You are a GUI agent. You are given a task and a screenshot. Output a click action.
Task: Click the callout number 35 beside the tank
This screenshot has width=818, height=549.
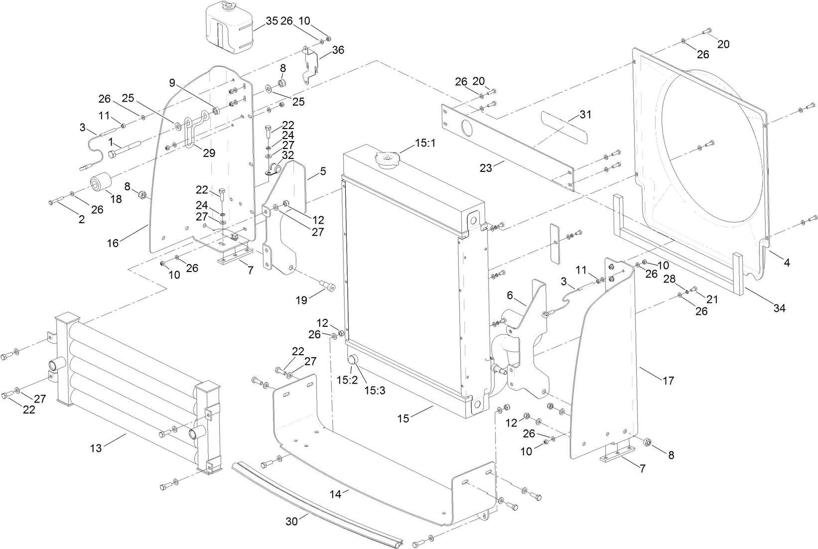click(x=272, y=21)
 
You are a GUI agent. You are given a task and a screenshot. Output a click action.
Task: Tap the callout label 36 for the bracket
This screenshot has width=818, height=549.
click(x=338, y=50)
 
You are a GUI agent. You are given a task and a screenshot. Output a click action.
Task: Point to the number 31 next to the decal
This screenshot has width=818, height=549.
click(x=585, y=115)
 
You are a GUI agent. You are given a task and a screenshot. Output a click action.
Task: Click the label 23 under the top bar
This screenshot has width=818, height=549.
click(x=486, y=168)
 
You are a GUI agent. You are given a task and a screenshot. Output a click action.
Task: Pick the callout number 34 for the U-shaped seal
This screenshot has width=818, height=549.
click(x=779, y=308)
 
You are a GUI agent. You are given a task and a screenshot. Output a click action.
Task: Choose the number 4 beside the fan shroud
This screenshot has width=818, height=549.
click(x=787, y=262)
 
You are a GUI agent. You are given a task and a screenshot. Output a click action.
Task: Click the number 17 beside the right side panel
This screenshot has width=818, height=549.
click(x=668, y=381)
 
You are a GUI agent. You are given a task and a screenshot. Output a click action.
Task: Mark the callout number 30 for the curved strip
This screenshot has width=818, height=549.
click(x=292, y=521)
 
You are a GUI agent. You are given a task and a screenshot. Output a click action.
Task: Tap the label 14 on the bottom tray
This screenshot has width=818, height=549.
click(x=336, y=494)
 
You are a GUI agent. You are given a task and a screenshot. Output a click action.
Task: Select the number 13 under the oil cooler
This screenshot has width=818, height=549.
click(x=96, y=448)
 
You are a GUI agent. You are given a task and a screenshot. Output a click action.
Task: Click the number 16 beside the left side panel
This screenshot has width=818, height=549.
click(x=113, y=243)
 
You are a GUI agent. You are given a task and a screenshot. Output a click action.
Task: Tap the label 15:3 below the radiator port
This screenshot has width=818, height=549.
click(x=375, y=391)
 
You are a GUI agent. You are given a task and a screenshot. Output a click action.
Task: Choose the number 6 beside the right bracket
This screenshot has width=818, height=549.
click(x=510, y=295)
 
